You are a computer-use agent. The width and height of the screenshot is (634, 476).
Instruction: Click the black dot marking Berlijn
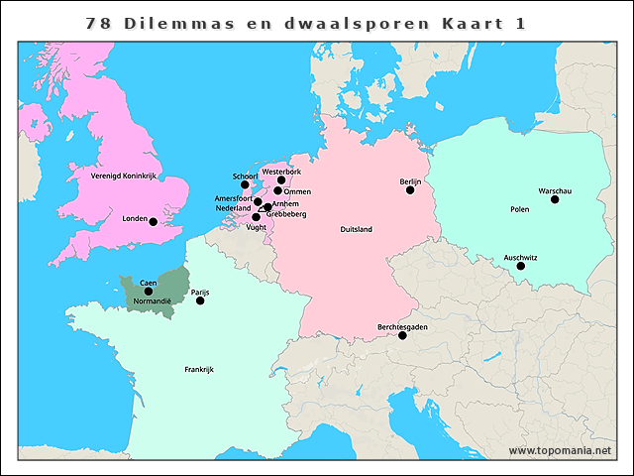[x=410, y=189]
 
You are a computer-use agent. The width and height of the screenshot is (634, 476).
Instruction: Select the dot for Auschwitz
[x=521, y=266]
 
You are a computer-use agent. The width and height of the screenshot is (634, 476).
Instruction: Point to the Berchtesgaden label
[x=402, y=326]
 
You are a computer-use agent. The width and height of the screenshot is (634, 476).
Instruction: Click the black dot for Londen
[x=153, y=222]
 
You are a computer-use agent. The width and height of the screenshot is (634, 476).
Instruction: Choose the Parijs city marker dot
[x=200, y=300]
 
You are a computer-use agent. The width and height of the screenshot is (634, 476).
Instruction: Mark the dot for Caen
[x=149, y=292]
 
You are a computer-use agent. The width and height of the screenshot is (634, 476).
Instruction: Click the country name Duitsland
[x=356, y=229]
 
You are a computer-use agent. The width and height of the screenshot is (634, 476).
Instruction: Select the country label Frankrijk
[x=199, y=369]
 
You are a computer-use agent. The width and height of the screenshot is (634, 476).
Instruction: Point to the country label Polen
[x=519, y=210]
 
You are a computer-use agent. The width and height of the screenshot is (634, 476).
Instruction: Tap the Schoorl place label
[x=245, y=176]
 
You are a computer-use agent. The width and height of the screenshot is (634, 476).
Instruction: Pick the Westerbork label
[x=281, y=172]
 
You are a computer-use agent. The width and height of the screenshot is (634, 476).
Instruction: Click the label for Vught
[x=256, y=227]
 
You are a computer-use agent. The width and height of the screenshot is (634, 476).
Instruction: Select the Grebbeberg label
[x=286, y=214]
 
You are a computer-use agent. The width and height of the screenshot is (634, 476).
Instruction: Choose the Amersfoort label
[x=234, y=198]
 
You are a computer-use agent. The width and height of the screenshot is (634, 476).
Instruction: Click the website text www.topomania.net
[x=560, y=450]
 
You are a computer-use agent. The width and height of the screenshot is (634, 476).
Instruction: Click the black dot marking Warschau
[x=555, y=199]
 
